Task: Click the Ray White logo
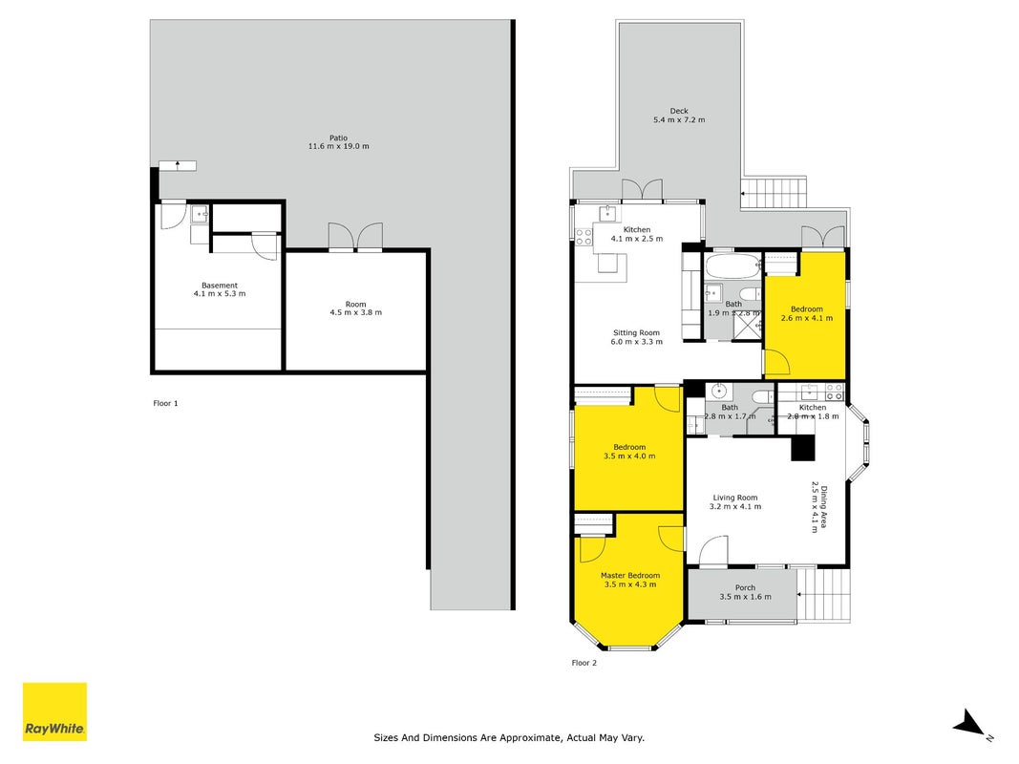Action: [54, 711]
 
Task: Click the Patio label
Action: [339, 138]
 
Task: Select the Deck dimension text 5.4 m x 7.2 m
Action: [679, 120]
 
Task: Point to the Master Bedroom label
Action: [630, 576]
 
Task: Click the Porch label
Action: [746, 588]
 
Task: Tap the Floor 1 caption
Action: [166, 403]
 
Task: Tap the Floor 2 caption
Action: [584, 664]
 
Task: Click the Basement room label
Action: [220, 286]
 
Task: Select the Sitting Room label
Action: [636, 332]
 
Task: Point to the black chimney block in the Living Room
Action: [802, 448]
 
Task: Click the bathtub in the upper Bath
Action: [733, 265]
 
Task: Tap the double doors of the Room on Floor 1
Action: [355, 237]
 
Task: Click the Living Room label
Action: [735, 498]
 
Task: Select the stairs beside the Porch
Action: [824, 595]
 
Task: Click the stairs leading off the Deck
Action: [774, 192]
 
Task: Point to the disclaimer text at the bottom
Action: [509, 738]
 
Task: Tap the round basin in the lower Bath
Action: [719, 392]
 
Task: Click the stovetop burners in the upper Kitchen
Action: [584, 237]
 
